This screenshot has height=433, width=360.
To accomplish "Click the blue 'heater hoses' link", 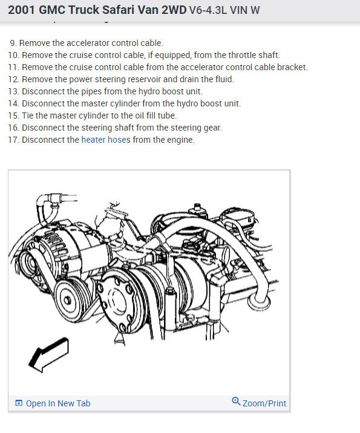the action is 106,140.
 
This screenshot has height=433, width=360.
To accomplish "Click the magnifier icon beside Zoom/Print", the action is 236,401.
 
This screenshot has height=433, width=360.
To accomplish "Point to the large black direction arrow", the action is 48,354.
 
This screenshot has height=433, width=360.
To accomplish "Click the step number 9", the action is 13,43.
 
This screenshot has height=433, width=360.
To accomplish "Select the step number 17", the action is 13,140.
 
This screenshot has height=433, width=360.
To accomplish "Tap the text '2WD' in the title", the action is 174,10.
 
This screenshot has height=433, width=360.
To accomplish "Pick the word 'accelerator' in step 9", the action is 88,43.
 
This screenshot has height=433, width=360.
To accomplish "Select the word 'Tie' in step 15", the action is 27,116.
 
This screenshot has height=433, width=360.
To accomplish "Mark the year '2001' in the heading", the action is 22,10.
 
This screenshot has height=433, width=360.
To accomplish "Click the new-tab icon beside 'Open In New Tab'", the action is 19,403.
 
